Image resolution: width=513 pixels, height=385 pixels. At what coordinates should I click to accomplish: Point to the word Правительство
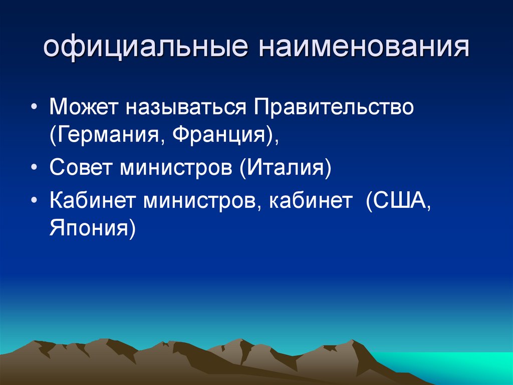coord(334,107)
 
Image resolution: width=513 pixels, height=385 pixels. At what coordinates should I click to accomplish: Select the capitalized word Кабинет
coord(91,201)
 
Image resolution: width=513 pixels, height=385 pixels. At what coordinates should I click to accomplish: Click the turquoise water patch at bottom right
coord(451,366)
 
